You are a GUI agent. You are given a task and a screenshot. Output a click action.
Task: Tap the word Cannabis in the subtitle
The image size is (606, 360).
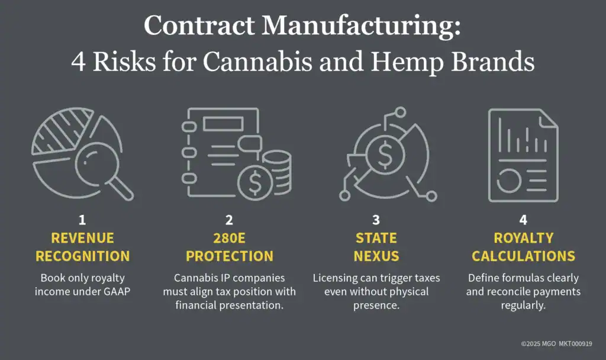(x=257, y=62)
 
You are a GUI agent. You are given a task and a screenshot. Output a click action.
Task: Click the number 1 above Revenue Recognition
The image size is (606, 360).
(x=82, y=220)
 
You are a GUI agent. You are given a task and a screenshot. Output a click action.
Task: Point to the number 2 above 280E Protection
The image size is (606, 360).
(x=229, y=220)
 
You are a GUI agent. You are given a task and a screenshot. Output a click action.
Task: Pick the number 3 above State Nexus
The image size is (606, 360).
(x=376, y=220)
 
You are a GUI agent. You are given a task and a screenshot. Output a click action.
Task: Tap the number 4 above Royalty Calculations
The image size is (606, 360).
(x=523, y=220)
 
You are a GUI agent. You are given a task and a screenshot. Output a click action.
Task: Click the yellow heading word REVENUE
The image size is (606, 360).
(x=83, y=238)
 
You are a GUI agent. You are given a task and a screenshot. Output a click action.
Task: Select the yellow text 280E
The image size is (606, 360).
(x=229, y=238)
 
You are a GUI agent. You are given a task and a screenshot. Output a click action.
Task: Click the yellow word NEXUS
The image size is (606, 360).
(x=376, y=256)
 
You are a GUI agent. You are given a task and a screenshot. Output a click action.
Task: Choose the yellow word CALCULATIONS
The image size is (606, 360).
(x=523, y=256)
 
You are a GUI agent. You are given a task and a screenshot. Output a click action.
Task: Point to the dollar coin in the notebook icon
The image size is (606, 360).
(x=255, y=182)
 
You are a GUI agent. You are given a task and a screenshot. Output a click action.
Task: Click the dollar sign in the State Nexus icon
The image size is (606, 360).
(x=385, y=155)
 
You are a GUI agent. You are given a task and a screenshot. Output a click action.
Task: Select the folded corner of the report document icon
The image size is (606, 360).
(x=549, y=118)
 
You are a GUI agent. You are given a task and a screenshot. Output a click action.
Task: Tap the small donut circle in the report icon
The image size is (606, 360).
(x=509, y=181)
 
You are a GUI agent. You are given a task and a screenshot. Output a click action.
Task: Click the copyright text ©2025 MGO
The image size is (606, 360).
(x=539, y=344)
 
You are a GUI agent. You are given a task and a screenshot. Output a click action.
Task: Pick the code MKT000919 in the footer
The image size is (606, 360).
(x=575, y=344)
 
